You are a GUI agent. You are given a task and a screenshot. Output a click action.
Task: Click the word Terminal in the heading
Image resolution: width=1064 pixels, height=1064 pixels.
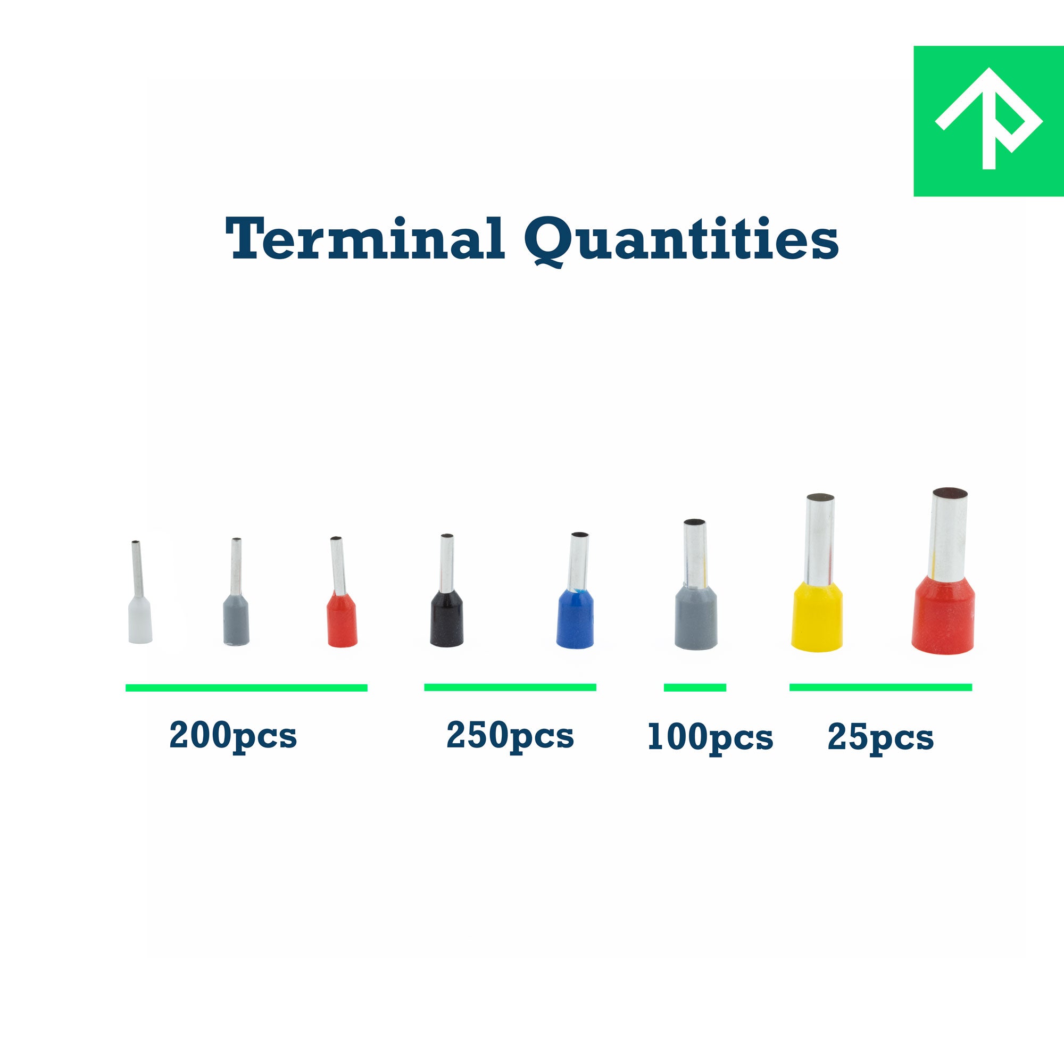[365, 238]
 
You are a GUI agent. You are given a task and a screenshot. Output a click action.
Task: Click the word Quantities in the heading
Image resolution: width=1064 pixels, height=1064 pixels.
[681, 241]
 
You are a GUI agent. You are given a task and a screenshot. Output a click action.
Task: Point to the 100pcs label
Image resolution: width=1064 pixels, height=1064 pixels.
[710, 738]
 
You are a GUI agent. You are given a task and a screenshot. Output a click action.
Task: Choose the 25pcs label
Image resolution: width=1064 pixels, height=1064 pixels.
[880, 738]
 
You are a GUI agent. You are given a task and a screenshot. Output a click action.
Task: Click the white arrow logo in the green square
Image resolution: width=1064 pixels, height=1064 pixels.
[988, 118]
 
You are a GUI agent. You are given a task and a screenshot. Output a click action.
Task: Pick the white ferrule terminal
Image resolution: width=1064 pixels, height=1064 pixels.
[139, 592]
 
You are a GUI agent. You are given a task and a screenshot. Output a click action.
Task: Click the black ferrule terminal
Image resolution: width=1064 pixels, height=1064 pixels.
[447, 590]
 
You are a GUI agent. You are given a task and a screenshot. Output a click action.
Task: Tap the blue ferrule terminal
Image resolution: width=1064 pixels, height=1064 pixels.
[576, 590]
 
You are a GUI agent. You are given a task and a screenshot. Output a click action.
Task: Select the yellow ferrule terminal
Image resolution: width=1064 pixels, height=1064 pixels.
[817, 573]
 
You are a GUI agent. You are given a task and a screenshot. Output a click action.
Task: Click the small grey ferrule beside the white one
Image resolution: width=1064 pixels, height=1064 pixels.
[236, 591]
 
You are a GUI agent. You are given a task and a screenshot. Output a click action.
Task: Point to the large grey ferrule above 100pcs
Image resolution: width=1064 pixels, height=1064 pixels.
[695, 584]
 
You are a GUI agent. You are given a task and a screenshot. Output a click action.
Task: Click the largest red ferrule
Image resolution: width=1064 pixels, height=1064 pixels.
[943, 571]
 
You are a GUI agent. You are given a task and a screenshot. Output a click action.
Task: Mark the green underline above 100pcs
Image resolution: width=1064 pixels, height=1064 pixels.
[695, 687]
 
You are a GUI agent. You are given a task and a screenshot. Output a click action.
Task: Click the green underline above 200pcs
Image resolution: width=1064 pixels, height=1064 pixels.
[246, 688]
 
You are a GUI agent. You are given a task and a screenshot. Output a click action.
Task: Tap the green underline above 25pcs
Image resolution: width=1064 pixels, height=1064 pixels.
[880, 687]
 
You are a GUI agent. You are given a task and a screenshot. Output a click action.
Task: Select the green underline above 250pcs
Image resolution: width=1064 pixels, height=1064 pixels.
[510, 687]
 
